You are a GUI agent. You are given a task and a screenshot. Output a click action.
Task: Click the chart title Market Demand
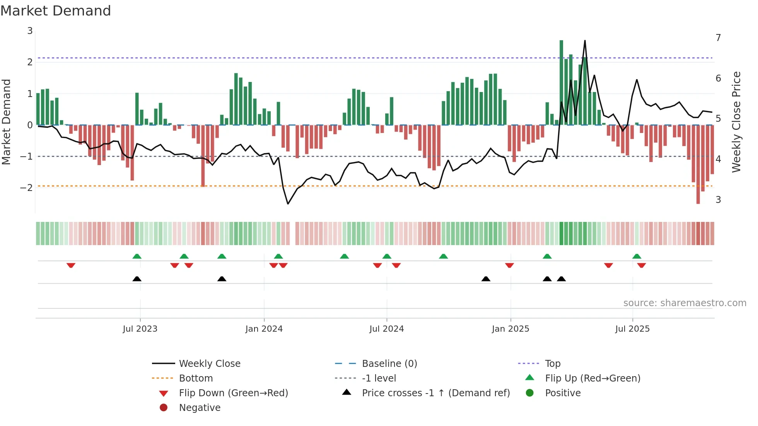[x=56, y=11]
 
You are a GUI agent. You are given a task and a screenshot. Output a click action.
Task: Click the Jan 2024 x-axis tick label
[x=264, y=329]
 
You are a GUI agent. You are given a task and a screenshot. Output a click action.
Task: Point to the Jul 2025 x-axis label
[x=632, y=329]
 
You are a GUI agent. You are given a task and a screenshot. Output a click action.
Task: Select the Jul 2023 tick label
[x=140, y=329]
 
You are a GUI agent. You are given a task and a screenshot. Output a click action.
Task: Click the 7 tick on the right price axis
[x=718, y=38]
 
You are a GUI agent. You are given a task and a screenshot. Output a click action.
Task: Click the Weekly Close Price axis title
[x=736, y=122]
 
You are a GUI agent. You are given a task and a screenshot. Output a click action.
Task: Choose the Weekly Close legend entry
[x=209, y=364]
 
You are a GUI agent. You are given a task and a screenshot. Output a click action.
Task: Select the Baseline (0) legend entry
[x=389, y=364]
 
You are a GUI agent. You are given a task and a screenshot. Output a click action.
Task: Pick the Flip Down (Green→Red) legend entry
[x=233, y=393]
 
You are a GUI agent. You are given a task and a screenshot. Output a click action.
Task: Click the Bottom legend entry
[x=196, y=378]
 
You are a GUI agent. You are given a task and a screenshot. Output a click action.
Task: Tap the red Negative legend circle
[x=164, y=408]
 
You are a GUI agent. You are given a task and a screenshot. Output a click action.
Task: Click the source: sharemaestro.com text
[x=685, y=303]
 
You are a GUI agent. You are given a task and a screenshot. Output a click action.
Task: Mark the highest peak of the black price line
[x=585, y=41]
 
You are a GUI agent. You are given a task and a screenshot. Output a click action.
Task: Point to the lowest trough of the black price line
[x=288, y=204]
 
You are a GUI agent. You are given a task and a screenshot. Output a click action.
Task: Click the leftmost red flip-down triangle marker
[x=71, y=266]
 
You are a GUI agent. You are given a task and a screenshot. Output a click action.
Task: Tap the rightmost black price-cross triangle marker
[x=561, y=279]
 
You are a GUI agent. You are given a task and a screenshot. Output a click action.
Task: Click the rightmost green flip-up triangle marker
[x=637, y=256]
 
